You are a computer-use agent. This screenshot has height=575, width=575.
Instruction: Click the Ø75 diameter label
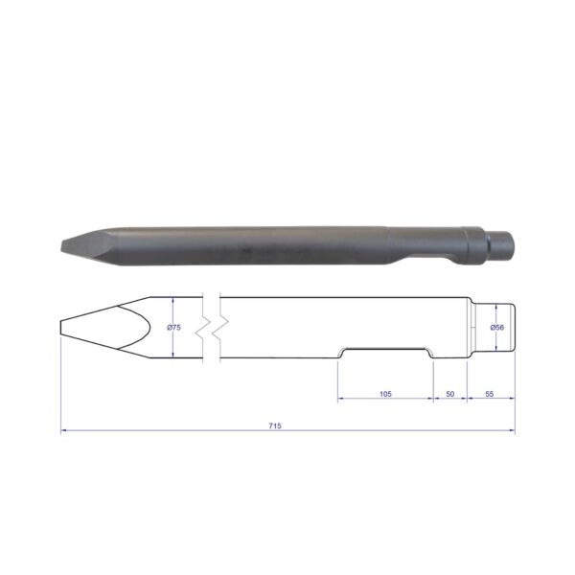point(173,328)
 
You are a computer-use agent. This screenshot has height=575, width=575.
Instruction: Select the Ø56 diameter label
point(496,328)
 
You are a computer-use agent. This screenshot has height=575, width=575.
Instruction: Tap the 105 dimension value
point(385,394)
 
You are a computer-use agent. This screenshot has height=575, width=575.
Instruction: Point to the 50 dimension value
point(450,394)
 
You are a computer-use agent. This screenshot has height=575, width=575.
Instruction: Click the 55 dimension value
point(490,394)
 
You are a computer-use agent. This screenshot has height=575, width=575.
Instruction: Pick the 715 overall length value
point(275,425)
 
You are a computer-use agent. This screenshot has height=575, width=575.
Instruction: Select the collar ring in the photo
point(473,245)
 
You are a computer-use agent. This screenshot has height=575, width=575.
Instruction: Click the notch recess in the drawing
point(385,352)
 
